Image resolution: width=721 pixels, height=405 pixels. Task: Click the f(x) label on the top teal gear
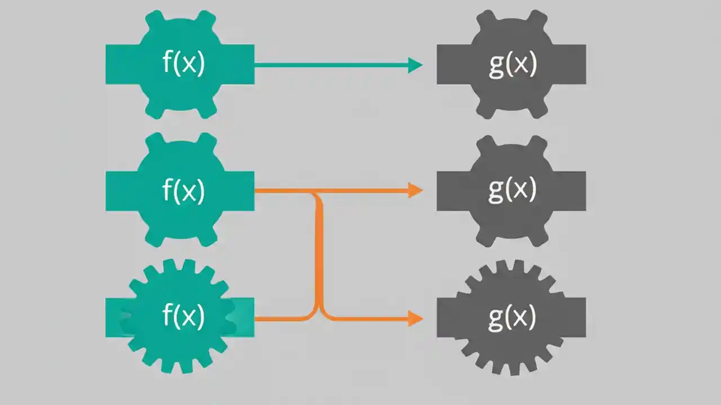(x=184, y=64)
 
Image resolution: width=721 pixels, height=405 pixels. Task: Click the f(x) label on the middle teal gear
(x=184, y=191)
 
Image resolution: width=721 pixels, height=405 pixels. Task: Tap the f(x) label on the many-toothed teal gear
(x=184, y=317)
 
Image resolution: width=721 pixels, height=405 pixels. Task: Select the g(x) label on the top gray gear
(x=512, y=64)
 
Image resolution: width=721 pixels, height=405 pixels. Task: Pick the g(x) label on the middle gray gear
(x=512, y=191)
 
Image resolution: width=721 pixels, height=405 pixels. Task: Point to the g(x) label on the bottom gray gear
(x=512, y=318)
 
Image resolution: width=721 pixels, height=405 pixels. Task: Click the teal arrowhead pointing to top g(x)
(x=416, y=65)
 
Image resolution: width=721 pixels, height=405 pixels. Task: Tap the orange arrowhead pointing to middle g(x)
(x=416, y=191)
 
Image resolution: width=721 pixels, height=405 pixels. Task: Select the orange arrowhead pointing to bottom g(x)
(x=416, y=318)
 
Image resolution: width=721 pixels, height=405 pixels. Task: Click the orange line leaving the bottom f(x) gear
(x=282, y=318)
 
